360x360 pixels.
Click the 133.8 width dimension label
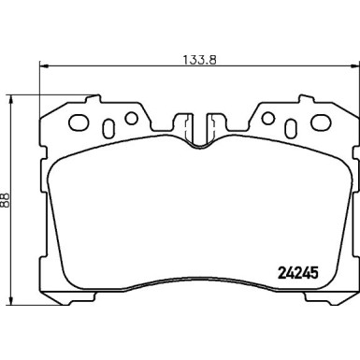tap(199, 59)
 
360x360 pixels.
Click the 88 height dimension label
tap(6, 199)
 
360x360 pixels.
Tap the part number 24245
tap(297, 273)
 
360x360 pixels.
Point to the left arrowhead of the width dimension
tap(44, 66)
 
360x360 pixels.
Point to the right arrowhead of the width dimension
tap(354, 66)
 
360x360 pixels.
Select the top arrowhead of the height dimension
tap(11, 100)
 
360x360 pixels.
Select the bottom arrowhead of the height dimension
tap(11, 300)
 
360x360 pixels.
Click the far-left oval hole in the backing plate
tap(79, 122)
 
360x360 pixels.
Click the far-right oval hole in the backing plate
tap(321, 122)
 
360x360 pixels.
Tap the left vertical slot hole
tap(108, 129)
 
